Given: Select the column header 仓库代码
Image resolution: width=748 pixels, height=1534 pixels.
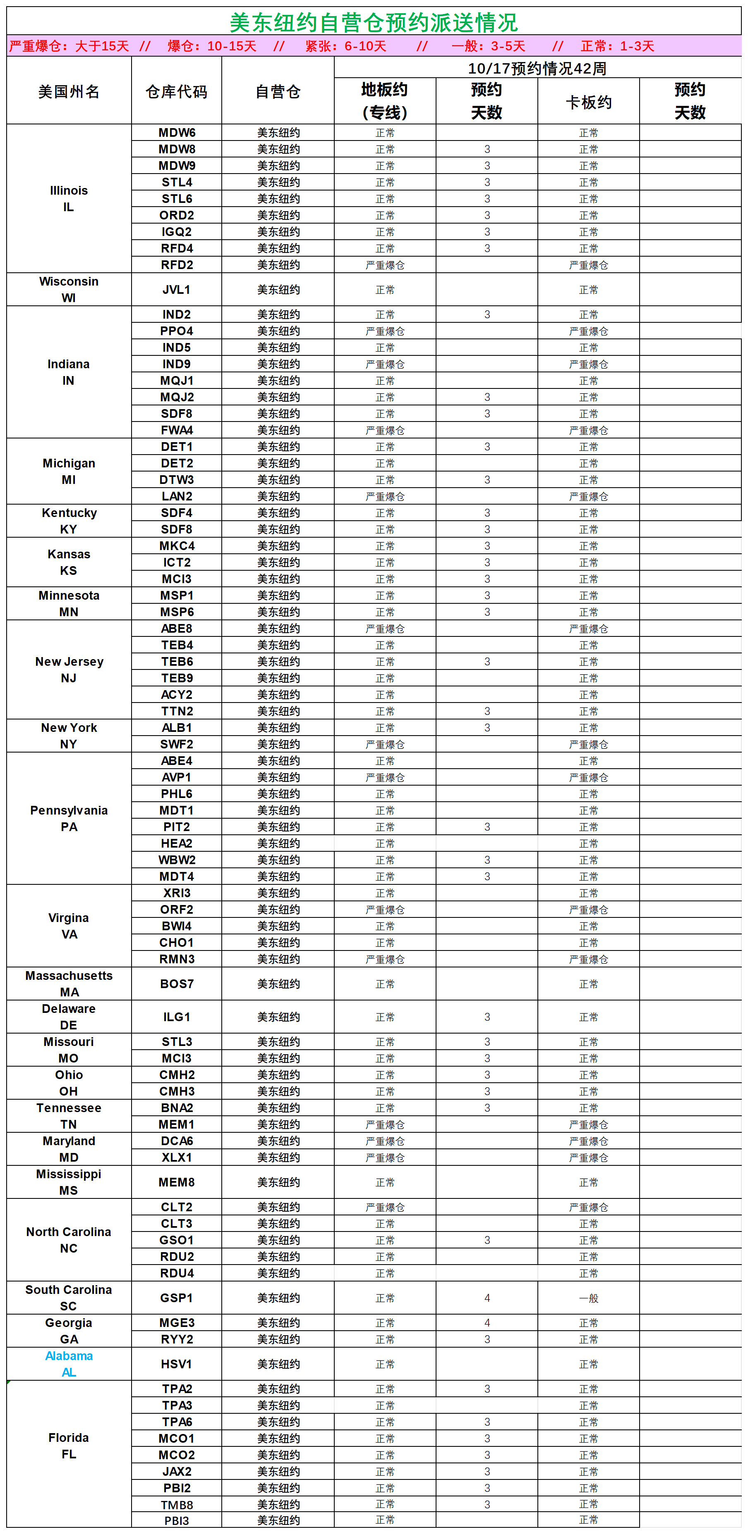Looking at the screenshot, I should [176, 92].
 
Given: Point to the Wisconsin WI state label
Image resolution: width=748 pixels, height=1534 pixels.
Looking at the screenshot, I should [69, 289].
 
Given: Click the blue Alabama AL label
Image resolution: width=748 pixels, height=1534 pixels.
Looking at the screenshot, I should [69, 1364].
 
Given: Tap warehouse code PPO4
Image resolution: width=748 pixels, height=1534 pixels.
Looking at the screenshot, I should [176, 331].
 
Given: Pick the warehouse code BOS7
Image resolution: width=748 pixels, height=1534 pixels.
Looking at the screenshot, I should [176, 984].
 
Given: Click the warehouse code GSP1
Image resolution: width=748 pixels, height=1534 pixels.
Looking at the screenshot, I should [176, 1298].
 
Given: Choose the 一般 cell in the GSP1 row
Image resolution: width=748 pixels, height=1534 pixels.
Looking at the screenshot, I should [588, 1298].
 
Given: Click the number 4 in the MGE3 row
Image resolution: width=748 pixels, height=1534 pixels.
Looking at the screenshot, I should [487, 1322].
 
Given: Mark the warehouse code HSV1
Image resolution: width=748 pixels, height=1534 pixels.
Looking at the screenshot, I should [176, 1364].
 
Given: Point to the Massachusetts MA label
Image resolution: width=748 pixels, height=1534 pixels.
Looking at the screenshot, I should [69, 984].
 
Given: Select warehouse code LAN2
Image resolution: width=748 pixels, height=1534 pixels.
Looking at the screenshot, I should [176, 496].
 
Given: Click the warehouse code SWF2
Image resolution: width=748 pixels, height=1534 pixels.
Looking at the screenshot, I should [176, 744].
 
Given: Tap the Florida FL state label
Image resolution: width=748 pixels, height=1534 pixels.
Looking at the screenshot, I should [69, 1446].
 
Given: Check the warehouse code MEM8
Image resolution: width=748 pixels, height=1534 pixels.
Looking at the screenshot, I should [176, 1182].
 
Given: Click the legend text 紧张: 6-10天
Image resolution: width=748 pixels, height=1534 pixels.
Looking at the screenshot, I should [346, 46].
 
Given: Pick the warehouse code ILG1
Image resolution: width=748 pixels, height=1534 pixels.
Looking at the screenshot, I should [176, 1017].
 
